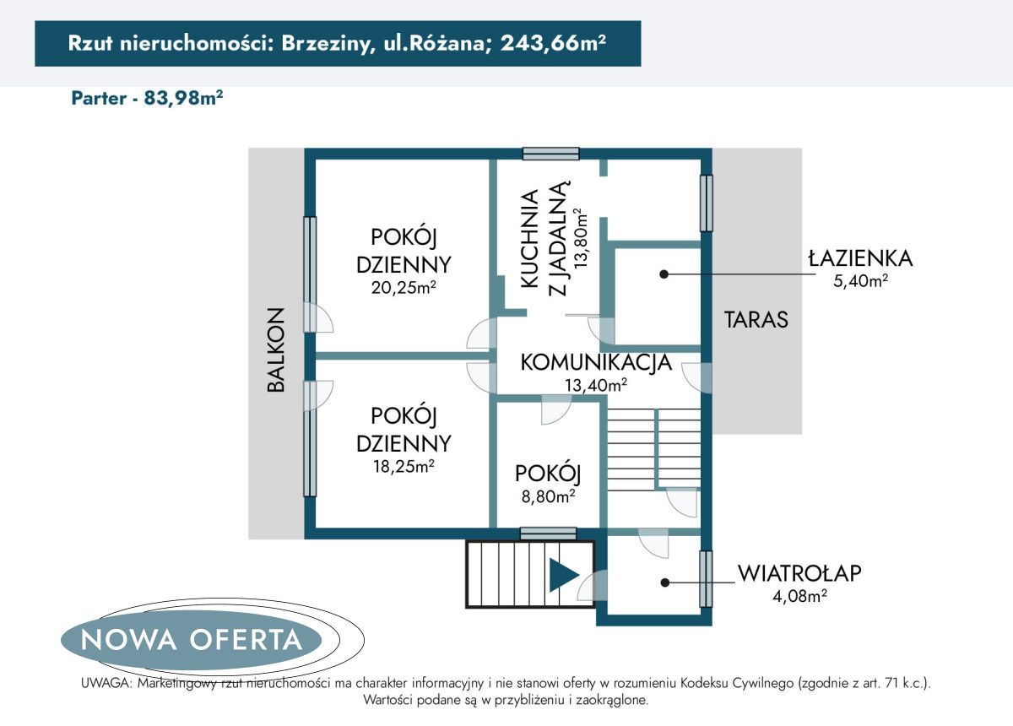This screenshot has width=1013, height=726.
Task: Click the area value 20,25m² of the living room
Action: pyautogui.click(x=404, y=288)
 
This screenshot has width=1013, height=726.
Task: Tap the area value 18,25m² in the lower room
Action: pyautogui.click(x=404, y=466)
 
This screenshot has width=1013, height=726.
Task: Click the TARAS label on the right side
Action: pyautogui.click(x=756, y=320)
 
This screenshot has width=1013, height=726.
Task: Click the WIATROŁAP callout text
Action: pyautogui.click(x=799, y=574)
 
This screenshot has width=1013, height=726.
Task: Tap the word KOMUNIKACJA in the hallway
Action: pyautogui.click(x=596, y=363)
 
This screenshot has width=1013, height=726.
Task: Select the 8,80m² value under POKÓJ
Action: pyautogui.click(x=549, y=496)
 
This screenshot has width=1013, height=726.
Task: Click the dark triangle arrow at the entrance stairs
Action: pyautogui.click(x=562, y=575)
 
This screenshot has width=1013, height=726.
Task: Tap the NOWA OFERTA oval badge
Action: pyautogui.click(x=192, y=639)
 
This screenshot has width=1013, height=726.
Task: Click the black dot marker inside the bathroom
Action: pyautogui.click(x=664, y=274)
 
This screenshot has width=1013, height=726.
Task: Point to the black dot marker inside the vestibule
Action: pyautogui.click(x=664, y=582)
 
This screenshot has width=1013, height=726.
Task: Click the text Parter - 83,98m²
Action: pyautogui.click(x=147, y=98)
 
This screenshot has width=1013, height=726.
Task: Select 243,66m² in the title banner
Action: pyautogui.click(x=552, y=45)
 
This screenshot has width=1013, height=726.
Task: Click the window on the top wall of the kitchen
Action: pyautogui.click(x=550, y=154)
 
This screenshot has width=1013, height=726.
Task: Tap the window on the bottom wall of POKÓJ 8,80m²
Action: pyautogui.click(x=548, y=533)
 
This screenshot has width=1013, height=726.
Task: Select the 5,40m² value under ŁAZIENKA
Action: pyautogui.click(x=860, y=282)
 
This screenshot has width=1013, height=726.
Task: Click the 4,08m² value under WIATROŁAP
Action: pyautogui.click(x=799, y=596)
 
